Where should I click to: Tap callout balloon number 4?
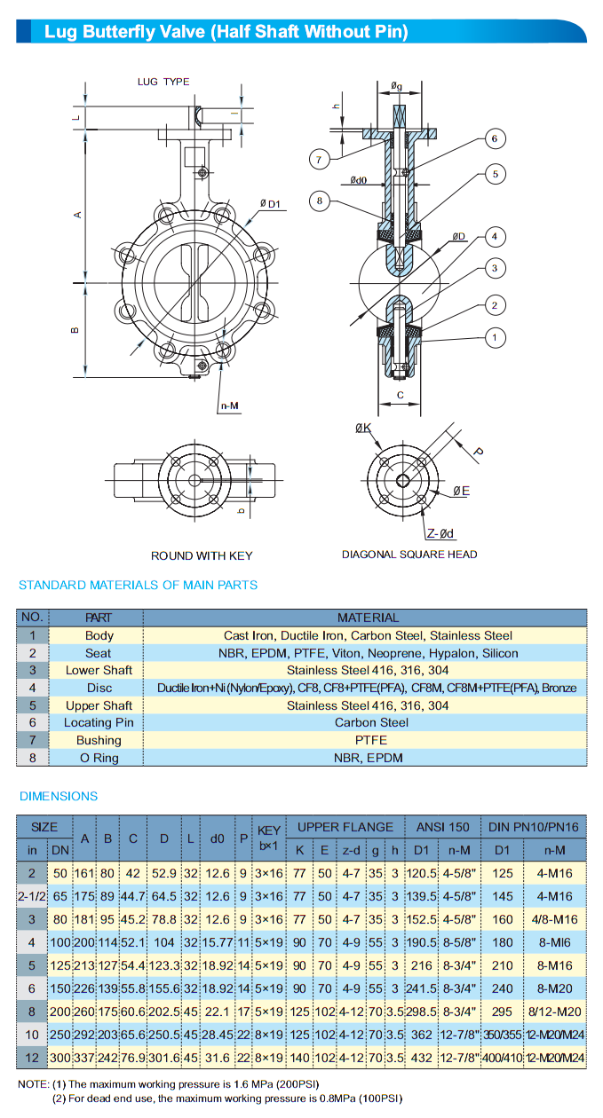click(x=495, y=236)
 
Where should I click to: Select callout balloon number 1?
click(x=495, y=337)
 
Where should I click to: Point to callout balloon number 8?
click(x=321, y=201)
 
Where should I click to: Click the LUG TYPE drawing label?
click(x=163, y=82)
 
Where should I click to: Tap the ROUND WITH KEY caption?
click(x=202, y=556)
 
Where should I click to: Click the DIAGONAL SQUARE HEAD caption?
click(x=409, y=555)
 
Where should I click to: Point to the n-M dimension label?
click(x=229, y=406)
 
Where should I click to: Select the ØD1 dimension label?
click(x=270, y=204)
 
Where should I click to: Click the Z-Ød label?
click(x=440, y=533)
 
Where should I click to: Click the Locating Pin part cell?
click(x=99, y=722)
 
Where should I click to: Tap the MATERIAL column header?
click(x=365, y=618)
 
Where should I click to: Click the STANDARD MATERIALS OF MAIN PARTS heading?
click(x=139, y=585)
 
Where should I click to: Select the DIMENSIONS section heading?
click(x=59, y=796)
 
